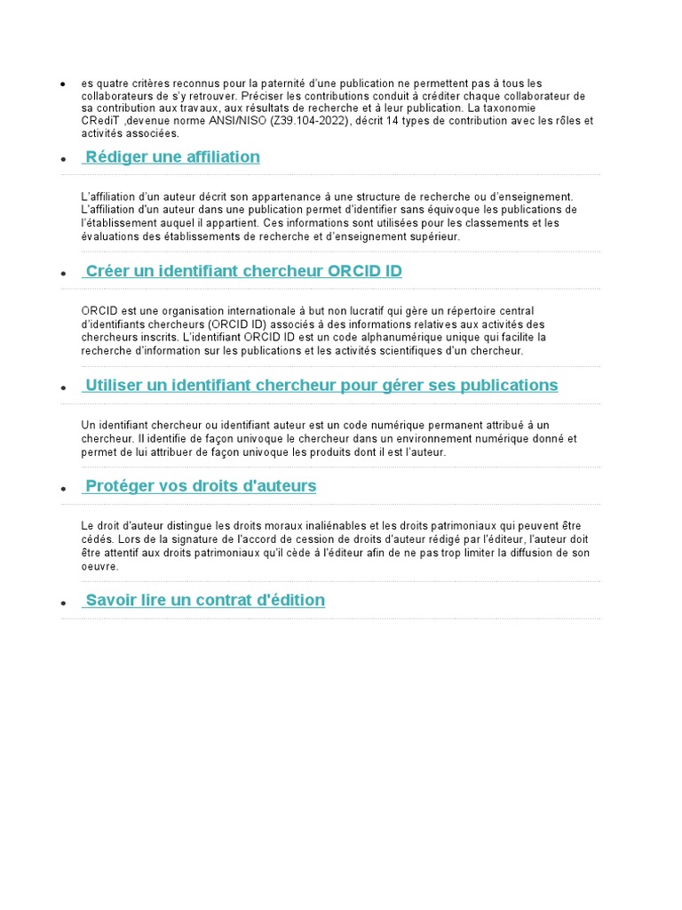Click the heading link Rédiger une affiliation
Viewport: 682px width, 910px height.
click(172, 157)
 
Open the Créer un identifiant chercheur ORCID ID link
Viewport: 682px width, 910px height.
click(243, 271)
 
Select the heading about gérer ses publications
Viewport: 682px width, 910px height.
click(321, 385)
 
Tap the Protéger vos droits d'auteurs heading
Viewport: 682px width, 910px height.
click(201, 486)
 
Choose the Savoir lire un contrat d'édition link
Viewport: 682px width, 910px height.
click(205, 600)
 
